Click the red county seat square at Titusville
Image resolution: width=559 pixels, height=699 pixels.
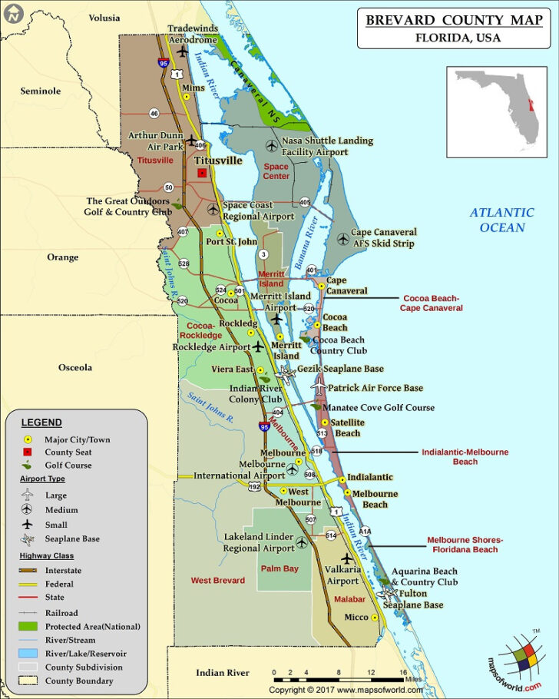pos(202,174)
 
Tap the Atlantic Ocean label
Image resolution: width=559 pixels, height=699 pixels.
pos(502,220)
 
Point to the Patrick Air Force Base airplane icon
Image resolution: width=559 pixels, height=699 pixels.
pos(319,388)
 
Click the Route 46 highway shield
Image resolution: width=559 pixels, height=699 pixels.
pos(154,113)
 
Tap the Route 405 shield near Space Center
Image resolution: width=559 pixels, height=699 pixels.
pos(305,202)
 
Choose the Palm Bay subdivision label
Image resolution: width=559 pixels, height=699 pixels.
pos(279,569)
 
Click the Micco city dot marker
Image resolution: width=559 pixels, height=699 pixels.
pos(375,617)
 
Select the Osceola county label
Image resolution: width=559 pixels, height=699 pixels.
pos(75,367)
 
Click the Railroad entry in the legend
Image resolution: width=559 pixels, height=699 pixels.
pos(61,613)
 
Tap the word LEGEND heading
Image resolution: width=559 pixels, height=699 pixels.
pos(41,422)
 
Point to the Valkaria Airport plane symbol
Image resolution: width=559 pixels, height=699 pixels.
pos(347,558)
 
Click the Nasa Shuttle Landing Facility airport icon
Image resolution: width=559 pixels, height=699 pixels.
pos(271,145)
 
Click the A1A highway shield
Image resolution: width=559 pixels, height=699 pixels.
pos(365,531)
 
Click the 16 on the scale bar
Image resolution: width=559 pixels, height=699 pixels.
pos(402,673)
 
